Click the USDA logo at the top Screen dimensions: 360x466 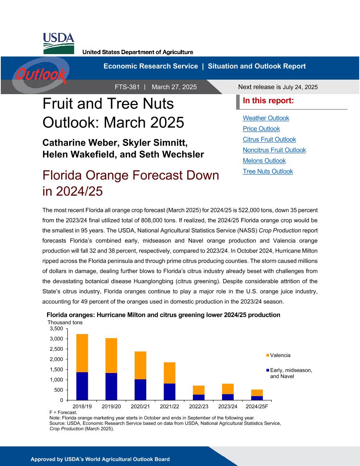pos(58,44)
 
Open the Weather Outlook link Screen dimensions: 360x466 pos(266,118)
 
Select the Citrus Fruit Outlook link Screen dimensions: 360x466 pos(269,139)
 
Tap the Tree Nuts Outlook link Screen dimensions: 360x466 pos(268,171)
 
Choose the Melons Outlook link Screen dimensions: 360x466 pos(264,161)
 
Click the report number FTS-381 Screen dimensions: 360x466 pos(127,87)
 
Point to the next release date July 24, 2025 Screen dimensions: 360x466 pos(300,87)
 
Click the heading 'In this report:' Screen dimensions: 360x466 pos(268,101)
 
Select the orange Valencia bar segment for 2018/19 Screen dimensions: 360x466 pos(82,353)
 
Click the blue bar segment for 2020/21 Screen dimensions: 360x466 pos(140,390)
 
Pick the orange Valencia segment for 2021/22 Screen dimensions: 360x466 pos(169,373)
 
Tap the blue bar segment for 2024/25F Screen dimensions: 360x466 pos(257,398)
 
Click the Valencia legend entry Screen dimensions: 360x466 pos(278,355)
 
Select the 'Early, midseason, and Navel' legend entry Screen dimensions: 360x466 pos(289,373)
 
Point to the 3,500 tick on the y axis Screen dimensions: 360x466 pos(56,329)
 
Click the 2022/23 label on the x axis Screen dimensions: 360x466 pos(199,406)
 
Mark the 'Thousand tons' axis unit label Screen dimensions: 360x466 pos(65,322)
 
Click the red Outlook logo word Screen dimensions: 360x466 pos(41,75)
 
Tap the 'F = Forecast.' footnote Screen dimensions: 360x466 pos(63,413)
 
